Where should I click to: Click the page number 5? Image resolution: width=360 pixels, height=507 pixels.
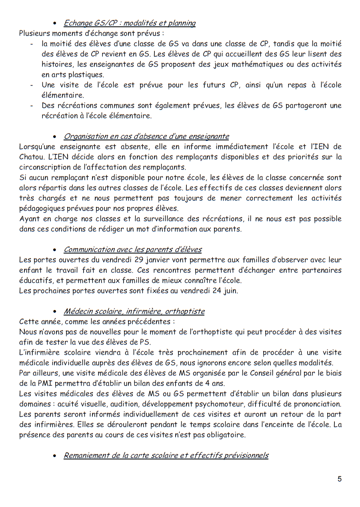coord(340,479)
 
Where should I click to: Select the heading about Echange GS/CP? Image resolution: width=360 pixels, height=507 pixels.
coord(130,23)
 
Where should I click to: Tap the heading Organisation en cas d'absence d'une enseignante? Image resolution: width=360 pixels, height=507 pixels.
coord(146,136)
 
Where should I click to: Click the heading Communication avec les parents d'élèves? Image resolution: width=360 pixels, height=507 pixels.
coord(132,250)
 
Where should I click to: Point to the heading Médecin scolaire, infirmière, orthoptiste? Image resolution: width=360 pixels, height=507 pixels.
coord(134,311)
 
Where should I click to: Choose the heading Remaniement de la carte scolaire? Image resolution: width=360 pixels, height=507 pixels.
coord(166,455)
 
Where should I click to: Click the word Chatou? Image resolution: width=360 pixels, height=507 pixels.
coord(31,157)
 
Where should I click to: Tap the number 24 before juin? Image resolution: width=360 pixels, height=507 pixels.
coord(217,291)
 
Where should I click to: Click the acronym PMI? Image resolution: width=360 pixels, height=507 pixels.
coord(36,383)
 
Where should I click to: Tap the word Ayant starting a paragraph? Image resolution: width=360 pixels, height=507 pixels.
coord(30,219)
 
